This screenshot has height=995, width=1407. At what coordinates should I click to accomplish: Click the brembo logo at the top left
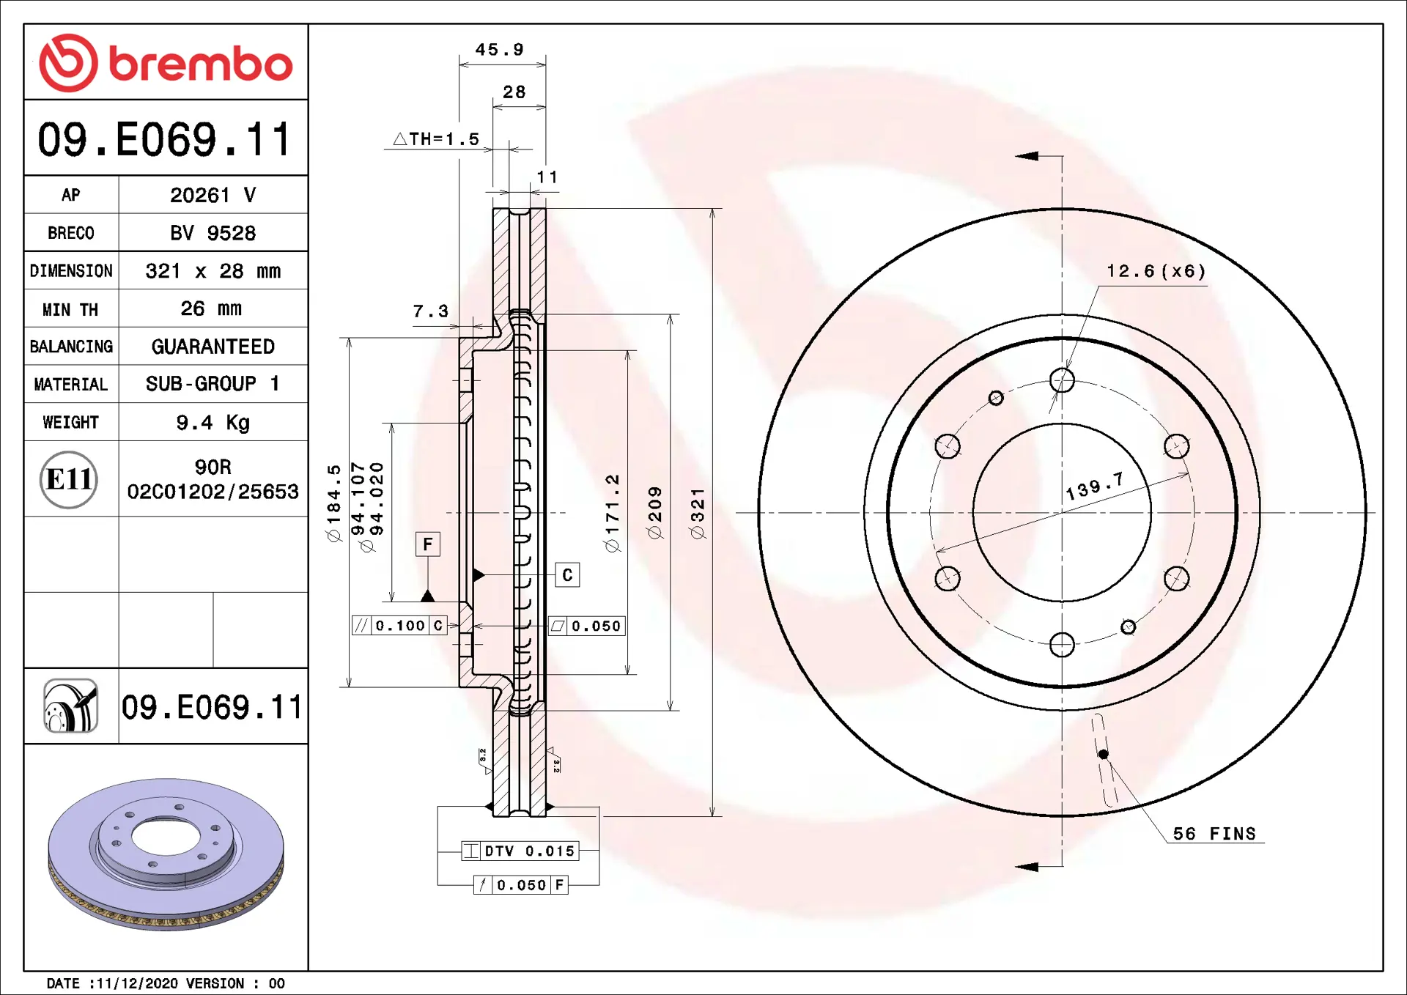(x=166, y=63)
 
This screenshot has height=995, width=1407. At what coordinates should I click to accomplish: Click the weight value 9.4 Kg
(x=213, y=423)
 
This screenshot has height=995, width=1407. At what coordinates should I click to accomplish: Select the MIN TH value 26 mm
(x=211, y=308)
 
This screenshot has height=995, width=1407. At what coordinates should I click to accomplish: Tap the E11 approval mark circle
(x=68, y=479)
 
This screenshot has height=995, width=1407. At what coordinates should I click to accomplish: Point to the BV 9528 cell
(x=213, y=233)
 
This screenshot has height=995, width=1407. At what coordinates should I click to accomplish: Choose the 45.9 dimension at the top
(x=500, y=50)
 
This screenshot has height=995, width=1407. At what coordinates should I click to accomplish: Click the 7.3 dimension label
(x=431, y=311)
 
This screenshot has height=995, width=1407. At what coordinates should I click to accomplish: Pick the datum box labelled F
(x=428, y=544)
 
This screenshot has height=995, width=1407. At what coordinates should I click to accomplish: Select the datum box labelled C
(x=567, y=575)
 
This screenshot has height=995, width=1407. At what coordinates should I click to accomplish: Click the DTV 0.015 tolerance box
(x=520, y=851)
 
